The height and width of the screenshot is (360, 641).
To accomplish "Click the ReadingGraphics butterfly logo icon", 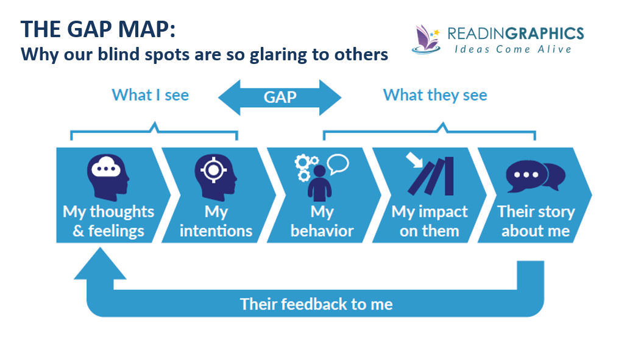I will pos(427,39).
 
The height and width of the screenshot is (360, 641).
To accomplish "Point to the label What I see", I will pos(151,95).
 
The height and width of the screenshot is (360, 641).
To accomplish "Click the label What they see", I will pos(435,95).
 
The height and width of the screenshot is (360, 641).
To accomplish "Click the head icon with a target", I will pos(215,175).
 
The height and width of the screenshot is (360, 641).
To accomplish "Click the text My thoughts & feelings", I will pos(108,221).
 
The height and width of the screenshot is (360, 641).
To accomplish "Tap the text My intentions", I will pos(216,221).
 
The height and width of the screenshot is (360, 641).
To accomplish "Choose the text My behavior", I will pos(322,221).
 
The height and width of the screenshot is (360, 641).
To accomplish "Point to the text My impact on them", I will pos(430,221).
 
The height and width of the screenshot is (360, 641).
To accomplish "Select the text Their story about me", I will pos(536,221).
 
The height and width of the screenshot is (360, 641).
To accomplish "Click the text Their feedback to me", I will pos(316,304).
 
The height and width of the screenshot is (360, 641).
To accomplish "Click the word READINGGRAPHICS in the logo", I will pos(515,33).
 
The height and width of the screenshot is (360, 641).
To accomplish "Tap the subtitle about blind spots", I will pos(204,54).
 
